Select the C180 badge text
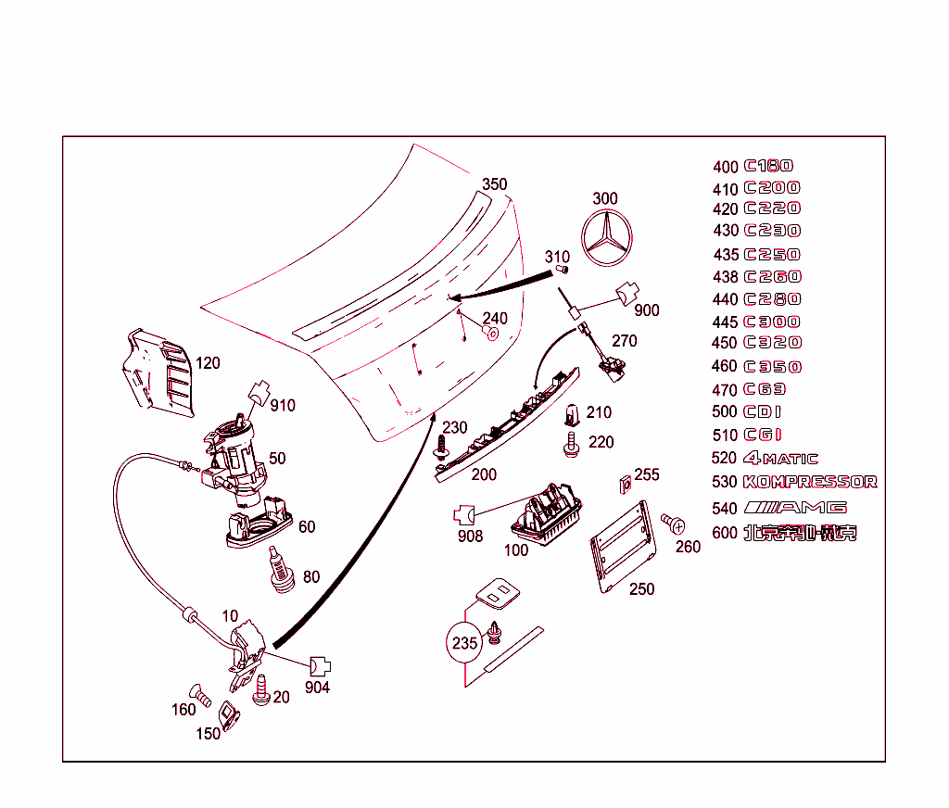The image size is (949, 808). (x=768, y=166)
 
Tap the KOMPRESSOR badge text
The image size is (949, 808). (x=809, y=482)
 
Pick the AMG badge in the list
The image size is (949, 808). (x=796, y=508)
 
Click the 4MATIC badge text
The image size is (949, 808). (x=780, y=459)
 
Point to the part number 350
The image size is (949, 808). (x=495, y=184)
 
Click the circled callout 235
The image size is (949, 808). (x=464, y=642)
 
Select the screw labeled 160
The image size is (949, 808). (x=197, y=691)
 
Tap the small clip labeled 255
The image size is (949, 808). (x=624, y=483)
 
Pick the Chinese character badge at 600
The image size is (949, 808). (x=801, y=534)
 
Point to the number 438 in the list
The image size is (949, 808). (x=726, y=277)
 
